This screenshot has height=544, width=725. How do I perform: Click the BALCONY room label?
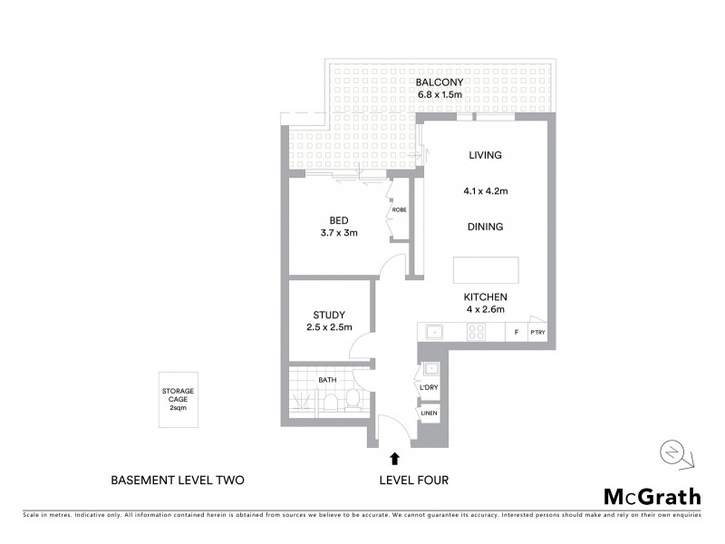(439, 83)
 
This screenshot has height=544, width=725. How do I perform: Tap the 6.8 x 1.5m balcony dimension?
(439, 94)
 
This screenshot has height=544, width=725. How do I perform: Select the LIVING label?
(485, 155)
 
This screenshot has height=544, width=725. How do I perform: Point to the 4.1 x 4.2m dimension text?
(485, 191)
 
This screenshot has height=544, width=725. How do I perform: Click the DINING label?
(485, 227)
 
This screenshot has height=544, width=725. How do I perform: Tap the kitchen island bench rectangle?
(487, 270)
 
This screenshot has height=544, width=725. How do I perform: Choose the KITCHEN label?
(485, 297)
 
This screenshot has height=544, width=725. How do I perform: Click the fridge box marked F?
(516, 333)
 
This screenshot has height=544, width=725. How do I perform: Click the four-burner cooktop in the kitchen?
(476, 333)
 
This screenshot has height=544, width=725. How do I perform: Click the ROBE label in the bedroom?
(399, 210)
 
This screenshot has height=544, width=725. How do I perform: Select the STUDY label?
(328, 316)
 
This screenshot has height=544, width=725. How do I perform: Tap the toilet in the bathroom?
(354, 400)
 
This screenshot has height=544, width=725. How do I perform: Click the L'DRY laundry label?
(429, 389)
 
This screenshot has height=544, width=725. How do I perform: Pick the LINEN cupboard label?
(429, 414)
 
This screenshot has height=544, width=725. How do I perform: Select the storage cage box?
(178, 400)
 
